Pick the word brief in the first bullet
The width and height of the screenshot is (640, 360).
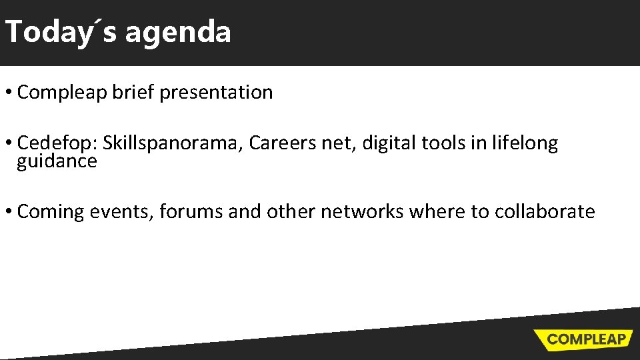click(133, 93)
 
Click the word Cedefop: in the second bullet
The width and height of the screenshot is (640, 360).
click(57, 143)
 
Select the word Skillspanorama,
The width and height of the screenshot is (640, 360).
click(173, 143)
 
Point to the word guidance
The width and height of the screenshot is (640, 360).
click(57, 161)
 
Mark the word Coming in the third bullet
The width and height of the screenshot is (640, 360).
click(51, 212)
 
